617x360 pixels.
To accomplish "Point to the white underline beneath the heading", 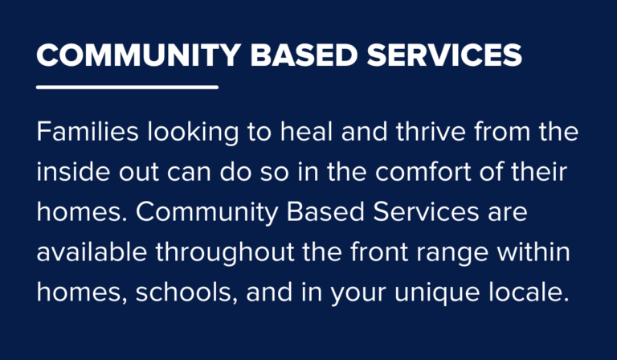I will click(x=127, y=86).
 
